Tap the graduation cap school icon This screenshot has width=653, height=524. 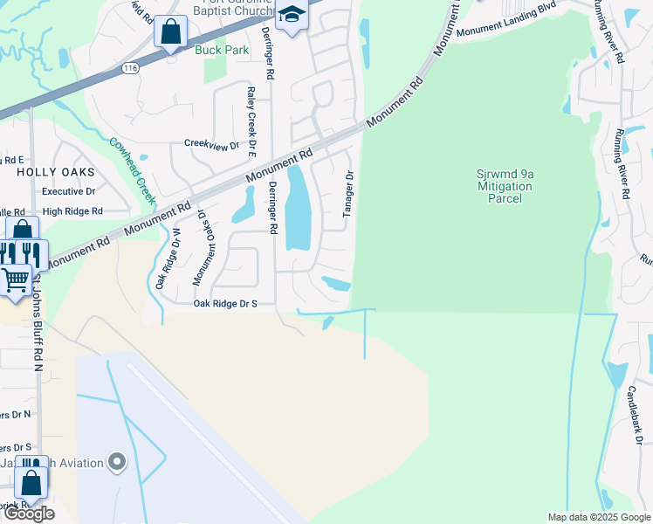click(292, 15)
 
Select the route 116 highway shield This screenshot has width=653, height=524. click(131, 68)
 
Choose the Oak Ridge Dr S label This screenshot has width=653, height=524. click(225, 304)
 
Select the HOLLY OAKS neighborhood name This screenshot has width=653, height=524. click(49, 173)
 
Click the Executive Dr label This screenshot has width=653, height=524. click(68, 191)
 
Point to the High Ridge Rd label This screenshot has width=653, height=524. click(72, 211)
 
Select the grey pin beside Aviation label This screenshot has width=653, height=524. click(117, 463)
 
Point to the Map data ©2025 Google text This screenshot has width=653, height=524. click(598, 517)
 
